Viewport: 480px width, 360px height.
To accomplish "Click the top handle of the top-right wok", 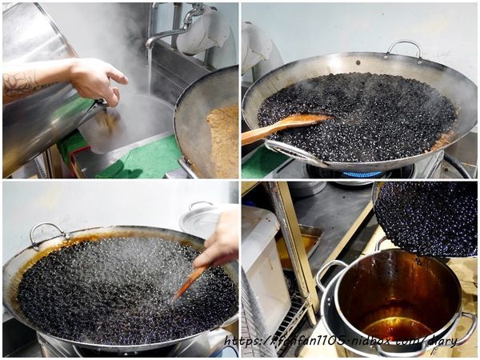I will [404, 48].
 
